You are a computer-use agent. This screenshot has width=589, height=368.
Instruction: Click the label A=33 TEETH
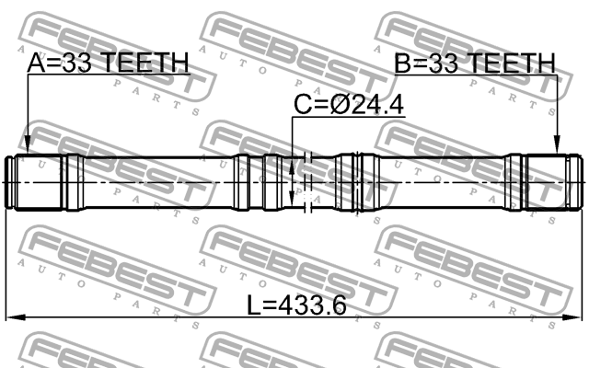[x=109, y=63]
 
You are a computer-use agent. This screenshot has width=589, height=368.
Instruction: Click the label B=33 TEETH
[x=476, y=63]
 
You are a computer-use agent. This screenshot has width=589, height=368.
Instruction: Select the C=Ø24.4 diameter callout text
[x=348, y=106]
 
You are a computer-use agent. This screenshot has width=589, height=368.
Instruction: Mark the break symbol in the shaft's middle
[x=308, y=182]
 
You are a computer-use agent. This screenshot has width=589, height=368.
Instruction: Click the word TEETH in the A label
[x=144, y=63]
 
